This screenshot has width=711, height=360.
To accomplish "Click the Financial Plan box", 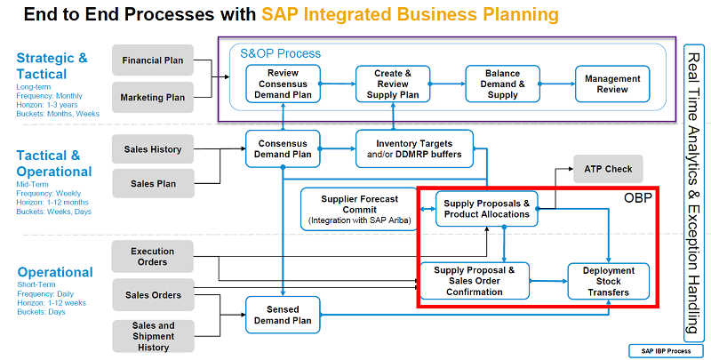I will pos(153,60).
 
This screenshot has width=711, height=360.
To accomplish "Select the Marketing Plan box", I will pos(153,96).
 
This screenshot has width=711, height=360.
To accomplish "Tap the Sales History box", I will pos(153,148).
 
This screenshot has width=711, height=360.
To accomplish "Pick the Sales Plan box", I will pos(153,183).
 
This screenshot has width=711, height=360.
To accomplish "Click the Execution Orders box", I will pos(153,257).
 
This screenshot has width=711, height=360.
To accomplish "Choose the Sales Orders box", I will pos(153,295).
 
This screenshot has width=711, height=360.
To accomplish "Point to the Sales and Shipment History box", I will pos(153,335).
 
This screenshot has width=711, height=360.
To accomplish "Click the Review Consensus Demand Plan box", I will pos(283,84).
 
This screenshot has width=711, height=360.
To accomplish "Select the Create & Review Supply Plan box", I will pos(392,84).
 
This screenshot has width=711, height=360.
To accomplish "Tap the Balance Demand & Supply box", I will pos(502,84).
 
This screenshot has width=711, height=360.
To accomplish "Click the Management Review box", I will pos(612,84).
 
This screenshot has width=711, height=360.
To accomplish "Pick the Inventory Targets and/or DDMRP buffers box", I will pos(414,148).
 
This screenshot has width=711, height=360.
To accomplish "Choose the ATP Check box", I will pos(608,168).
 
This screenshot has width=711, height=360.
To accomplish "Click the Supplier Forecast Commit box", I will pos(359,210).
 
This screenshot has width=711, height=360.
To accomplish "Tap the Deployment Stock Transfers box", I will pos(609,282).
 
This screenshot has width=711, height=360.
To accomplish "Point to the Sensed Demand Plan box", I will pos(283,314).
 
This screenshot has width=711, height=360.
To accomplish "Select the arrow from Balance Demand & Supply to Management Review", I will pos(557,84).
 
